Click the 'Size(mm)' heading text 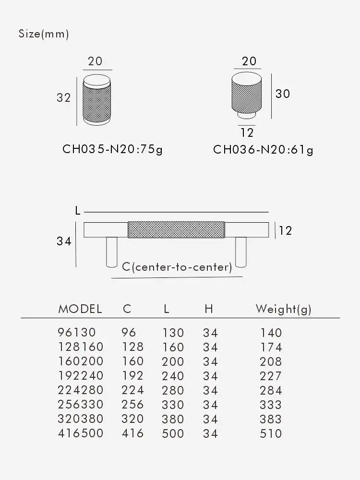tap(44, 34)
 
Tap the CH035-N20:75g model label tap(113, 149)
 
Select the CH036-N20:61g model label tap(263, 150)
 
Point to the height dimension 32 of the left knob tap(64, 98)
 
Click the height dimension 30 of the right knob tap(283, 94)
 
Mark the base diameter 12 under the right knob tap(247, 132)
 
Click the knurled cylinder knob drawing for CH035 tap(97, 100)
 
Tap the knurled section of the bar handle tap(176, 229)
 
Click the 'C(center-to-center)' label tap(177, 267)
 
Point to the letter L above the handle tap(78, 211)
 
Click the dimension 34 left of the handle tap(64, 241)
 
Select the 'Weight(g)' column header tap(283, 309)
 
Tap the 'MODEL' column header tap(80, 309)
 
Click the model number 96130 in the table tap(77, 333)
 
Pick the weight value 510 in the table tap(271, 434)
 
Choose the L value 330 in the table tap(173, 405)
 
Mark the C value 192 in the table tap(133, 376)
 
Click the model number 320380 tap(80, 419)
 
